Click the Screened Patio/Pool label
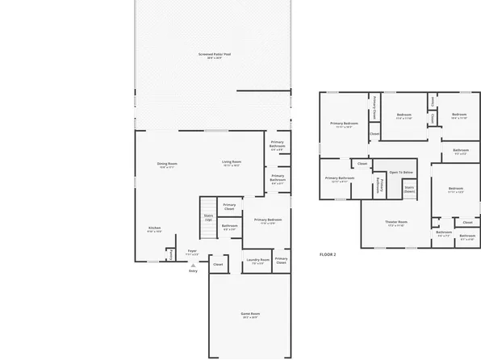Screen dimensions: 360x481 [x=215, y=56]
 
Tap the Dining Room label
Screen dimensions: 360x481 [x=167, y=165]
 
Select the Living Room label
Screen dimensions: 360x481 [x=232, y=163]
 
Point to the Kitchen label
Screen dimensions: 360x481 [x=154, y=229]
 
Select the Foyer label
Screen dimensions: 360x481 [x=192, y=252]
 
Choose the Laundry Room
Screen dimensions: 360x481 [x=258, y=262]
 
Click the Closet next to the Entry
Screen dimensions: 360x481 [x=218, y=264]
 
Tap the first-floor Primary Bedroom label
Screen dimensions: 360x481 [x=267, y=221]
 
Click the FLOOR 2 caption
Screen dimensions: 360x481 [x=328, y=254]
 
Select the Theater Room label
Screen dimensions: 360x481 [x=395, y=223]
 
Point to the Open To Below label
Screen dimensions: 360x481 [x=401, y=172]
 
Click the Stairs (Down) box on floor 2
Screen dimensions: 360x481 [x=409, y=190]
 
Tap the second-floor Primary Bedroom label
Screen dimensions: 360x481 [x=344, y=124]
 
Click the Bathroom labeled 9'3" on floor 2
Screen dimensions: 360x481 [x=461, y=151]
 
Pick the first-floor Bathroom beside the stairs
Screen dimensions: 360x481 [x=230, y=228]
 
